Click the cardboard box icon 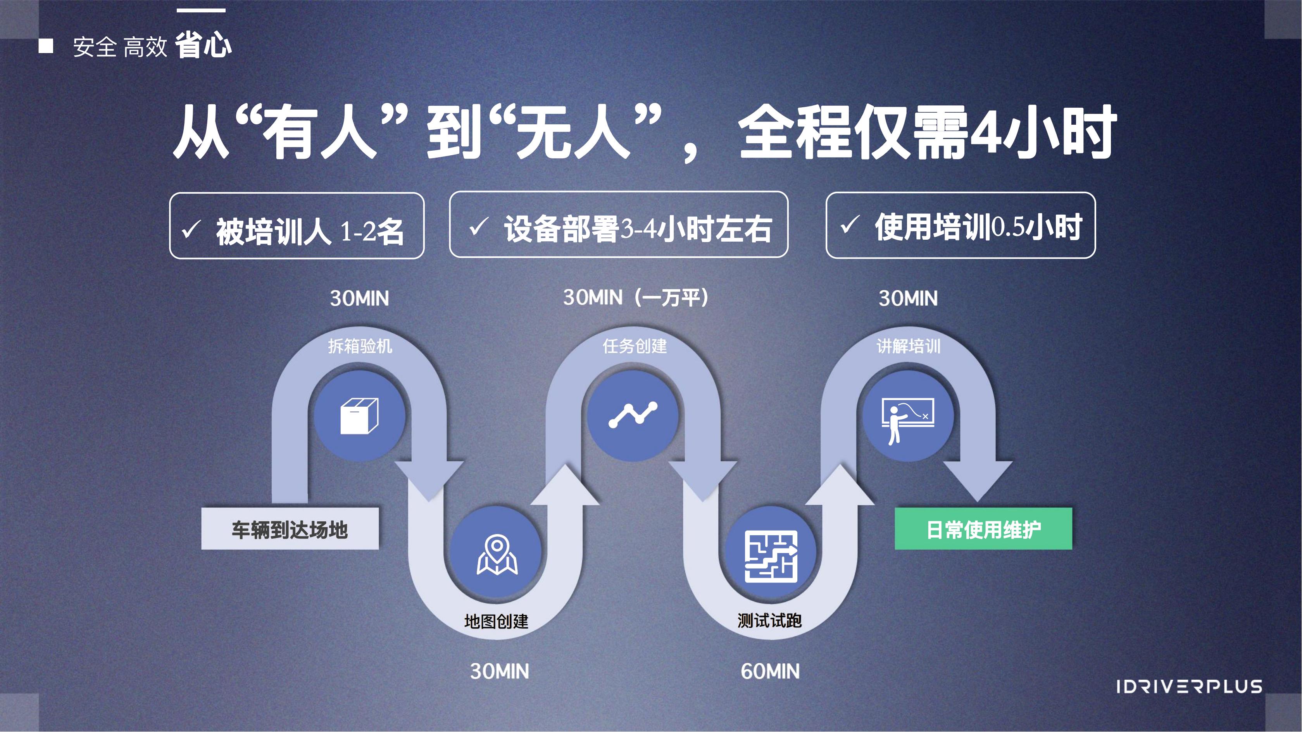pyautogui.click(x=359, y=416)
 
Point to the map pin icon pyautogui.click(x=497, y=554)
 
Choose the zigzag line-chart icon pyautogui.click(x=633, y=415)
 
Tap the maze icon pyautogui.click(x=771, y=556)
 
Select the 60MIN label pyautogui.click(x=770, y=671)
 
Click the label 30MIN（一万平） pyautogui.click(x=636, y=297)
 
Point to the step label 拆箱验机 pyautogui.click(x=360, y=346)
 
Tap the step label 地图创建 pyautogui.click(x=496, y=621)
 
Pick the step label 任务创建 pyautogui.click(x=635, y=346)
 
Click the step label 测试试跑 pyautogui.click(x=769, y=620)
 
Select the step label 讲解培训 pyautogui.click(x=908, y=346)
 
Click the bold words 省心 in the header pyautogui.click(x=203, y=45)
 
